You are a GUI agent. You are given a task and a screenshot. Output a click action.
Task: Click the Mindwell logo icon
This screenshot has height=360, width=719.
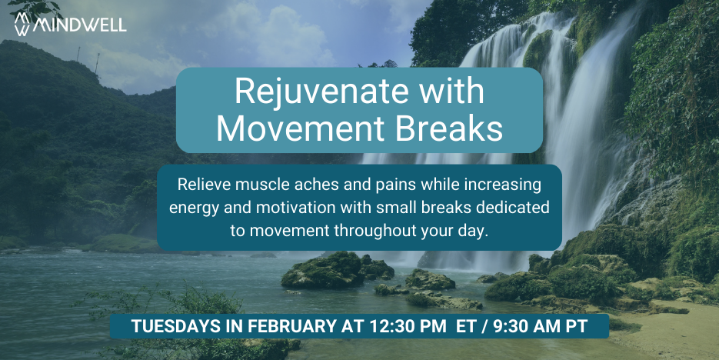coord(22,24)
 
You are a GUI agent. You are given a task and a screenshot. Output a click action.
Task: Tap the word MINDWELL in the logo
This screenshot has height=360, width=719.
coord(79,25)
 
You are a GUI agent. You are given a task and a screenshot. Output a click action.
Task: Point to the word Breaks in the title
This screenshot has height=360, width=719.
coord(448,129)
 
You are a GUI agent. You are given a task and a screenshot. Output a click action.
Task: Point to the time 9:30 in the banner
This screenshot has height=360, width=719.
coord(507,326)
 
